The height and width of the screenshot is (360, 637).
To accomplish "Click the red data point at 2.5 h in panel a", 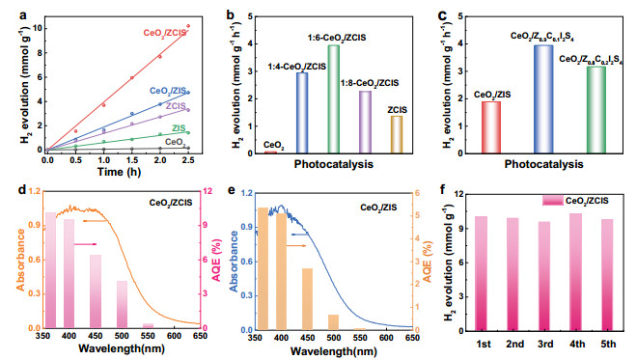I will (x=187, y=26).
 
